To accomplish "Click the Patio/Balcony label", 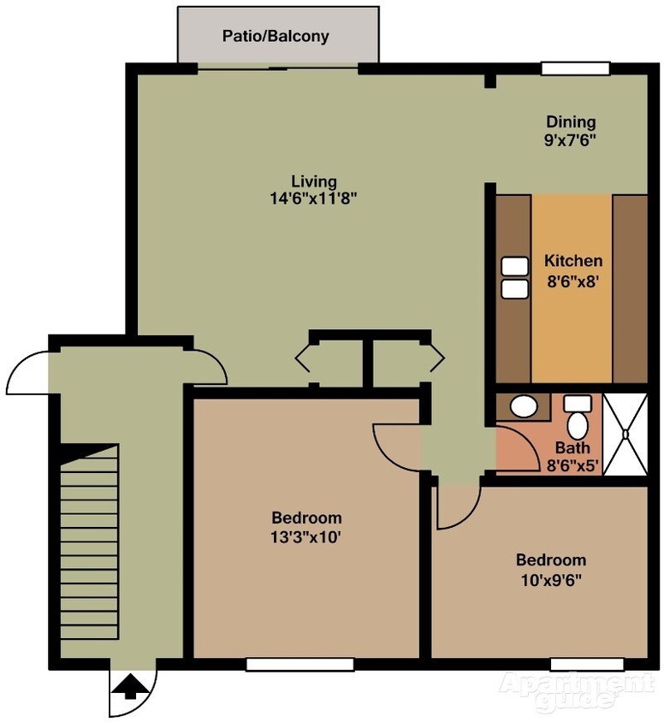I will pos(276,37).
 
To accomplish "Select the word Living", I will pos(313,181).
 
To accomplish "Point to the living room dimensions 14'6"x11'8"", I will pos(312,198).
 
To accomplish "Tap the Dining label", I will pos(571,121).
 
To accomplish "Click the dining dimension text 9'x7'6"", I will pos(571,139).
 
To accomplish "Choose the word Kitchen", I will pos(573,261).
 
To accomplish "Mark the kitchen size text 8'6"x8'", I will pos(573,278).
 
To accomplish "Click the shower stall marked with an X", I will pos(626,434).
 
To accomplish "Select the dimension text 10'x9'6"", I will pos(550,579).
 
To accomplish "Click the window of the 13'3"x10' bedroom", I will pos(299,664).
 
